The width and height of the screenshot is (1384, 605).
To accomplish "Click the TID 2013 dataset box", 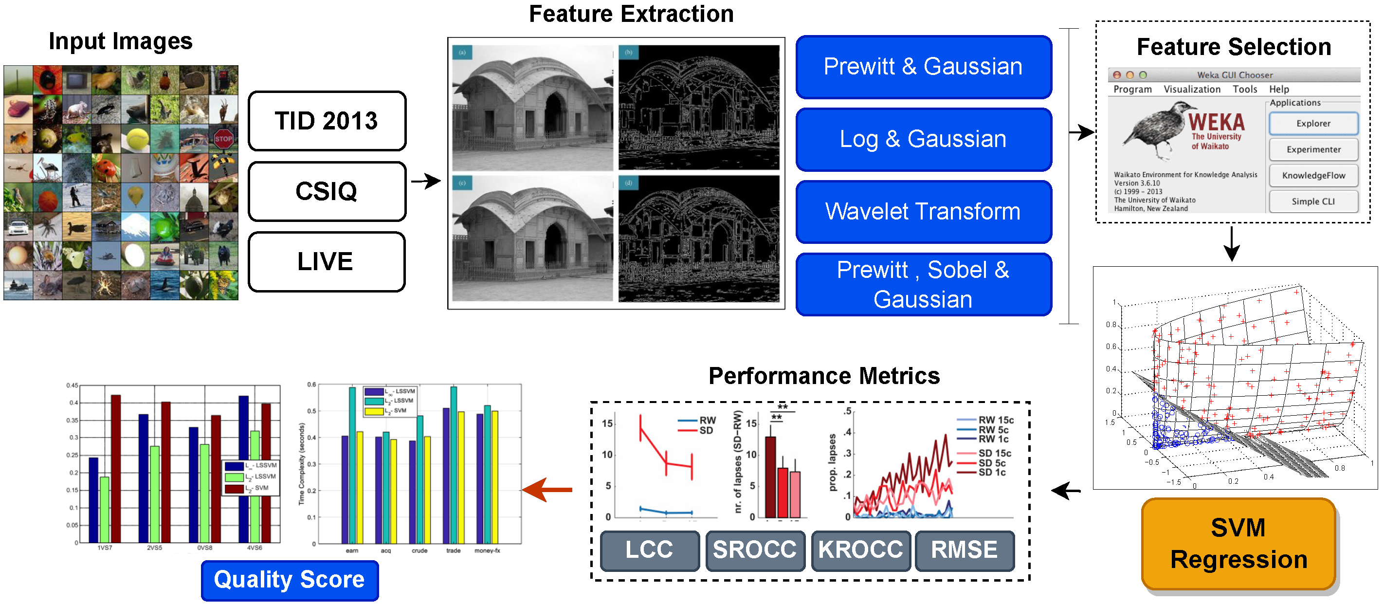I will point(327,121).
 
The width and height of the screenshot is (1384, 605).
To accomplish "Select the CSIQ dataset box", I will point(327,191).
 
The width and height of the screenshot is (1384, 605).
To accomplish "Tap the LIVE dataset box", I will point(326,262).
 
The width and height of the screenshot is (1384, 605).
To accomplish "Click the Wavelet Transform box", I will point(923,212).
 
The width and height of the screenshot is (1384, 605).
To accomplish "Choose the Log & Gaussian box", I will point(923,139).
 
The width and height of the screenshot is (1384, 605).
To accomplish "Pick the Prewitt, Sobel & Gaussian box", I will point(923,284).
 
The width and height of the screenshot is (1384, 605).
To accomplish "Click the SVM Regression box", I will point(1238,544).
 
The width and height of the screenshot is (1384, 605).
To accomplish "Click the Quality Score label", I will point(290,580).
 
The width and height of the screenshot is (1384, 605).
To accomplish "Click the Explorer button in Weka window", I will point(1313,124).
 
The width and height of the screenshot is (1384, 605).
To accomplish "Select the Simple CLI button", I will point(1313,202).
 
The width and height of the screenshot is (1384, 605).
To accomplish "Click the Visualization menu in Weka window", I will point(1192,89).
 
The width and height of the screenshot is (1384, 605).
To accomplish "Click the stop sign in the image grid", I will point(223,139).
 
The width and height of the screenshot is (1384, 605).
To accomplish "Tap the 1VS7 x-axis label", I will point(105,548).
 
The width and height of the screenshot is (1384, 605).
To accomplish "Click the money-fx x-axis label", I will point(487,551).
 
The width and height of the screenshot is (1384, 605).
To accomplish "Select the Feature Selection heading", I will point(1234,47).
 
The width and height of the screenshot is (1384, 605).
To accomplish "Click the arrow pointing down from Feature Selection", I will point(1231,244).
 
